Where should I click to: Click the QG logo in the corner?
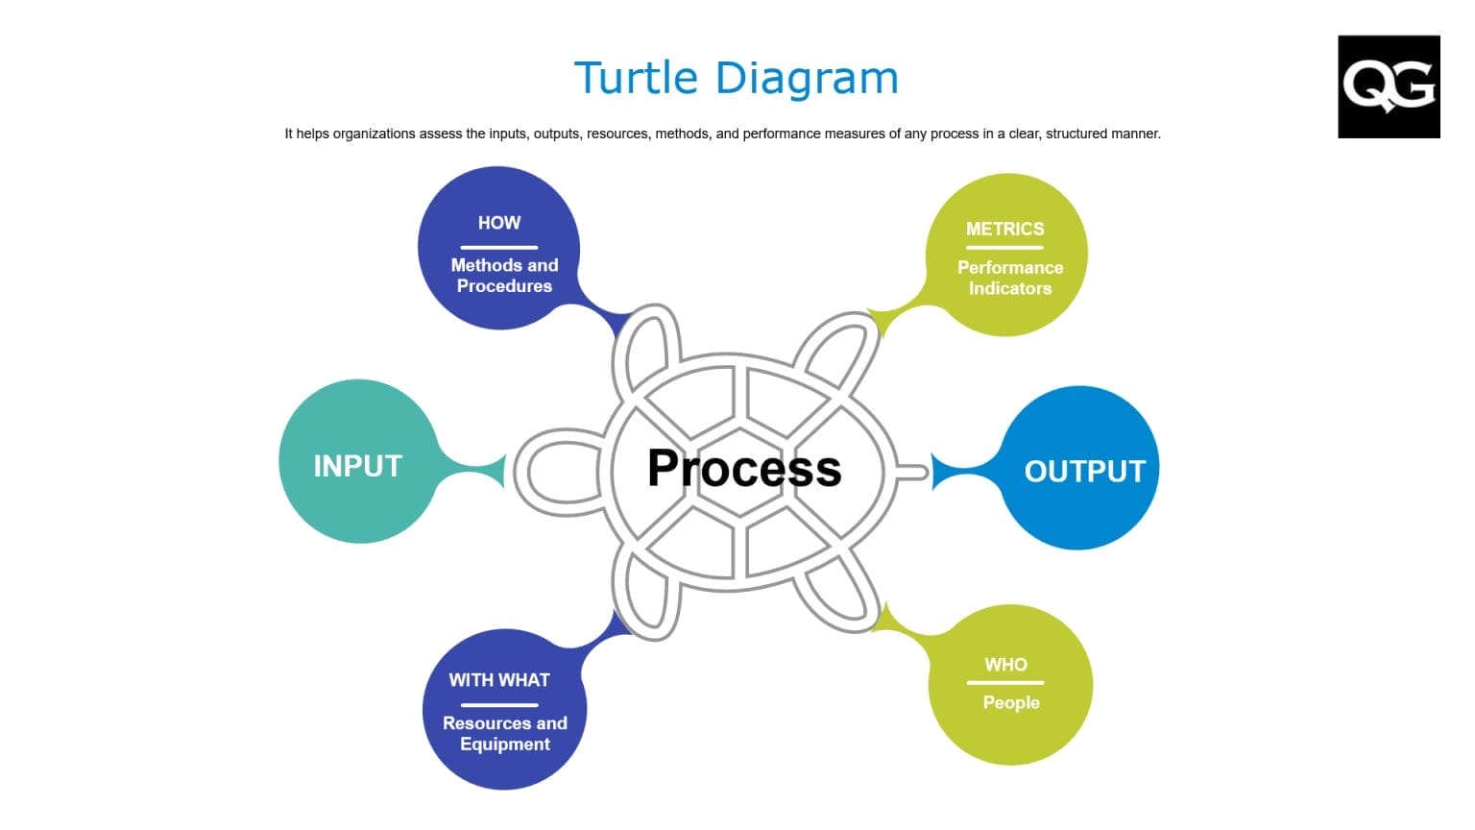click(x=1388, y=86)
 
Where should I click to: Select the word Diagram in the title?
click(x=806, y=79)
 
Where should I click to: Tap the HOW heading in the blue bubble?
click(x=498, y=223)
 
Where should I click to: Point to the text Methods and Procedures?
click(x=504, y=276)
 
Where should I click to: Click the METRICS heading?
click(x=1004, y=230)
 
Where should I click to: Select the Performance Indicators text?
click(x=1009, y=278)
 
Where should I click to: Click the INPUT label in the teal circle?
click(x=357, y=466)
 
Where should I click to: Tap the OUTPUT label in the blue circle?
click(x=1084, y=472)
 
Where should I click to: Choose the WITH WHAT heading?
click(x=498, y=680)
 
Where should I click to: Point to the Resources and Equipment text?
click(x=504, y=734)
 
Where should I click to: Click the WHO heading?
click(x=1005, y=665)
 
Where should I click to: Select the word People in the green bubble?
click(x=1010, y=703)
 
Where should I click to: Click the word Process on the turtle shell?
click(x=744, y=469)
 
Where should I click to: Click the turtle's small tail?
click(x=912, y=472)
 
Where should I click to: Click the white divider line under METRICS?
click(x=1004, y=248)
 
